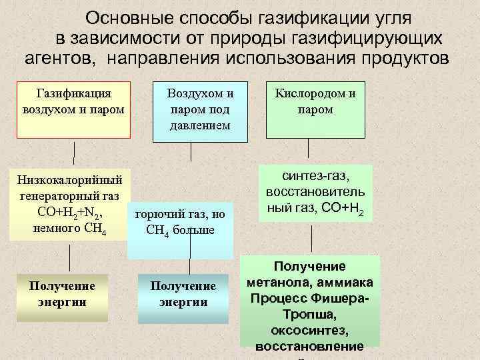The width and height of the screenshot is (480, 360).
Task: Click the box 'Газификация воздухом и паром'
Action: tap(73, 110)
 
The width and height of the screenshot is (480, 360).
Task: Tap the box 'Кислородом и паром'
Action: tap(316, 109)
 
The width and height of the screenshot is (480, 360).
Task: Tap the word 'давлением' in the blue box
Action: tap(200, 125)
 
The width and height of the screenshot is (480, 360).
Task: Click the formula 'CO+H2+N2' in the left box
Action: tap(70, 213)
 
